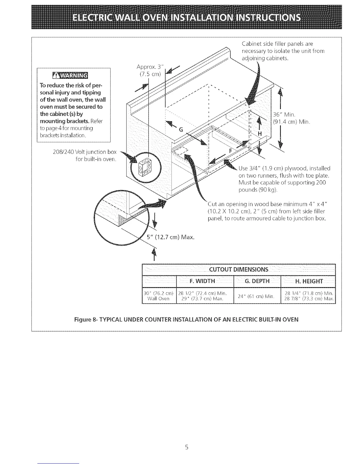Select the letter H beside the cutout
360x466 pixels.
pyautogui.click(x=259, y=133)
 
